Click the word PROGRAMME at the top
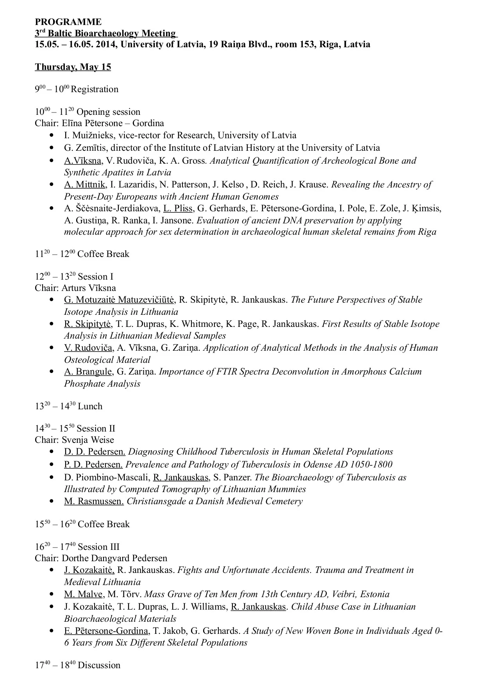click(68, 22)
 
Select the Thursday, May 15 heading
click(73, 67)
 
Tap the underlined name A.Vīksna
click(83, 161)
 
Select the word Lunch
click(90, 407)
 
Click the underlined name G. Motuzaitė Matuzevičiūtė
click(119, 300)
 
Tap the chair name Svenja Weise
click(88, 440)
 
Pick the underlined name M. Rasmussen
click(94, 501)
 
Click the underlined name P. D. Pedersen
click(93, 465)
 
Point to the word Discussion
click(99, 665)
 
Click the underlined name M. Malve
click(83, 594)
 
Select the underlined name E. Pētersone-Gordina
click(106, 631)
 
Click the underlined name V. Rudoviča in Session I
click(88, 348)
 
